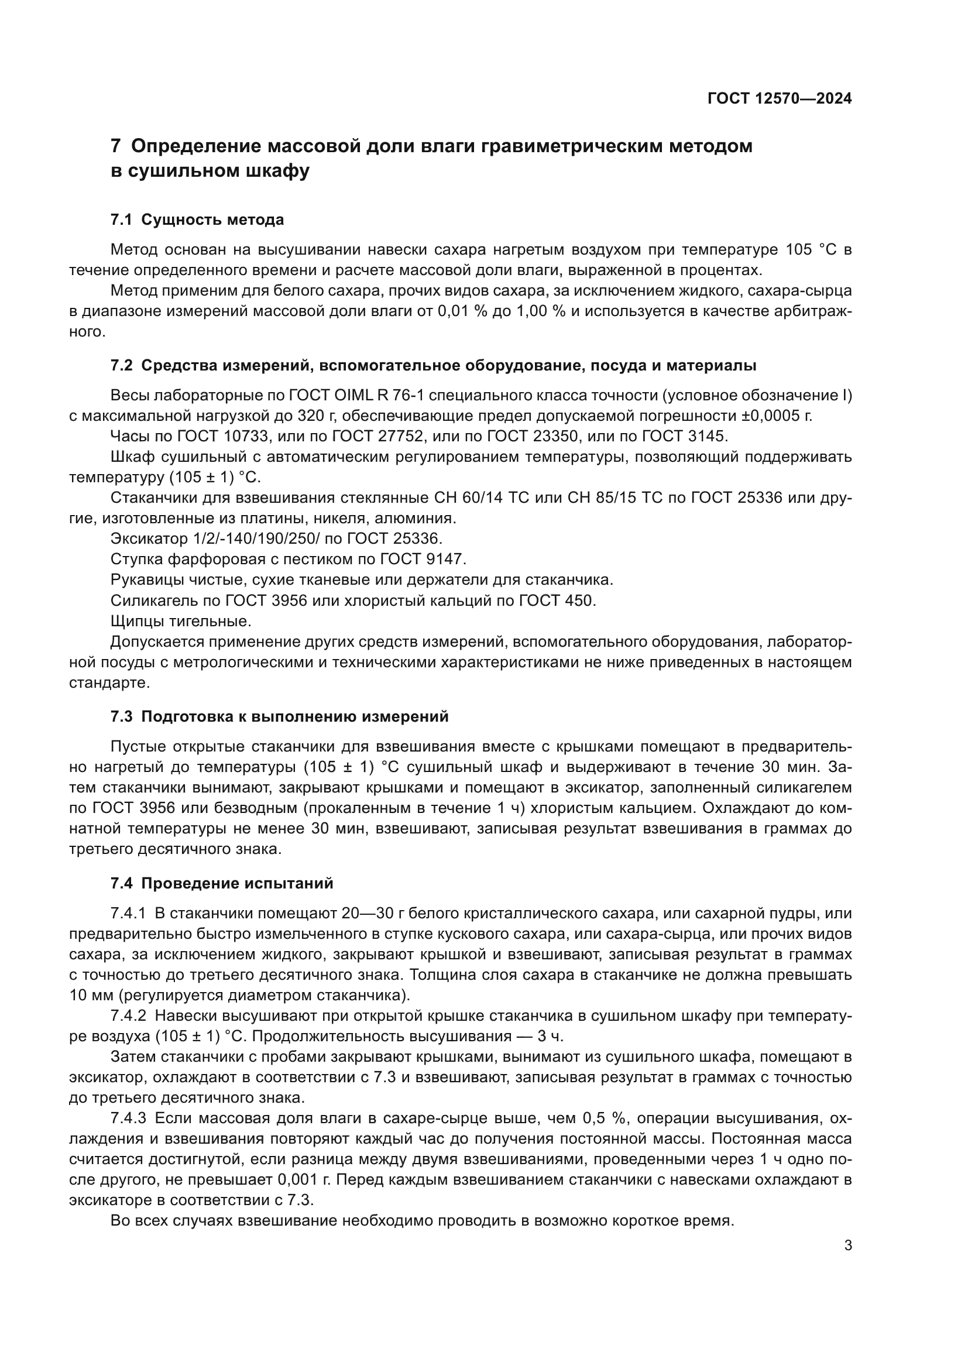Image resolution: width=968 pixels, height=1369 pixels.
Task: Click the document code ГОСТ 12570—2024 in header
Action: coord(779,99)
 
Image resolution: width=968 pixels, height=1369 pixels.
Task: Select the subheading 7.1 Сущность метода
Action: coord(197,220)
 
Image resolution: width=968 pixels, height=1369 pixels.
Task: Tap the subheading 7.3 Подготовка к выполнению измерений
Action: coord(279,717)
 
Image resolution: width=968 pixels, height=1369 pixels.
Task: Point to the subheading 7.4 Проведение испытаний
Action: coord(222,884)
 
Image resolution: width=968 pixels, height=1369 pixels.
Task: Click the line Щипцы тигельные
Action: coord(181,622)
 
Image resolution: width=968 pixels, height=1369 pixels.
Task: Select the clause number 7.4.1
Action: coord(128,914)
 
